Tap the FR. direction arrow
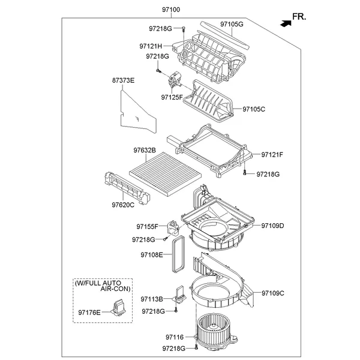coord(283,22)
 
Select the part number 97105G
coord(232,24)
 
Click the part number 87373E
coord(123,80)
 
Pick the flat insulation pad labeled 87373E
coord(137,111)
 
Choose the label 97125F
coord(173,97)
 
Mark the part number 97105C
coord(254,109)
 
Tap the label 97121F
coord(272,155)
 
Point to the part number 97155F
coord(147,227)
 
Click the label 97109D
coord(272,226)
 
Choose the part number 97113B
coord(152,299)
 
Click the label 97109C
coord(272,293)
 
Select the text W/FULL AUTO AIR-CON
coord(98,286)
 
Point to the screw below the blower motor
coord(196,348)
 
